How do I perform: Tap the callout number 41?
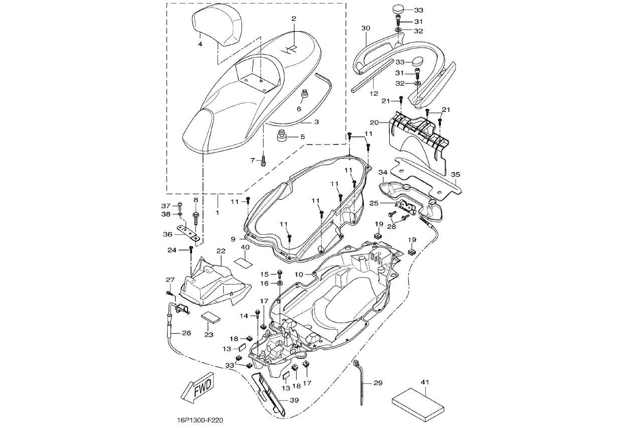(x=425, y=383)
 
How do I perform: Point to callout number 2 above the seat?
(x=294, y=19)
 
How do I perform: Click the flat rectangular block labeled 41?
(x=417, y=402)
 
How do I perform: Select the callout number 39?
(x=294, y=400)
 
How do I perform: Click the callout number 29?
(x=378, y=383)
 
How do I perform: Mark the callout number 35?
(x=455, y=175)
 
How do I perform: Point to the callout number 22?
(x=221, y=250)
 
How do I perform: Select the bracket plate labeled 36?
(x=188, y=234)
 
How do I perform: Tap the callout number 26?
(x=186, y=332)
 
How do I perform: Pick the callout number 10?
(x=299, y=274)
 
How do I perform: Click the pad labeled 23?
(x=211, y=317)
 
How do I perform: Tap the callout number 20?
(x=375, y=122)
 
